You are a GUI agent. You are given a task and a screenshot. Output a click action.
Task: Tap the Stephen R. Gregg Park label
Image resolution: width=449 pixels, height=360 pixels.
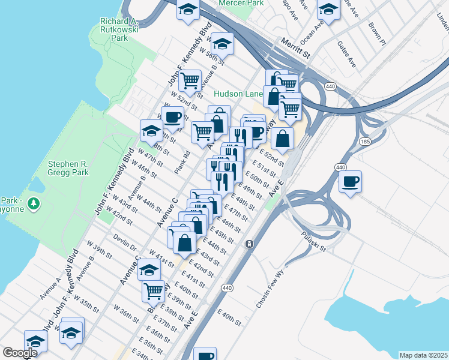pos(68,167)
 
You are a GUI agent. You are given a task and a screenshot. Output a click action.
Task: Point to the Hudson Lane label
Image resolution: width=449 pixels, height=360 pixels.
pos(238,94)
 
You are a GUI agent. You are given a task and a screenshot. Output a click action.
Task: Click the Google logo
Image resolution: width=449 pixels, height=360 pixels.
pos(20,353)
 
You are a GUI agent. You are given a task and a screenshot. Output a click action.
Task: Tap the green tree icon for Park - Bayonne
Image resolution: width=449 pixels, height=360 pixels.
pos(34,203)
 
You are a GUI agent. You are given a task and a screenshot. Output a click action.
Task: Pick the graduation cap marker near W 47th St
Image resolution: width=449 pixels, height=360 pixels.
pos(151,129)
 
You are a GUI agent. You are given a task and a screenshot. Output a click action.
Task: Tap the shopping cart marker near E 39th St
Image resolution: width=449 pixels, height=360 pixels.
pos(153,290)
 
